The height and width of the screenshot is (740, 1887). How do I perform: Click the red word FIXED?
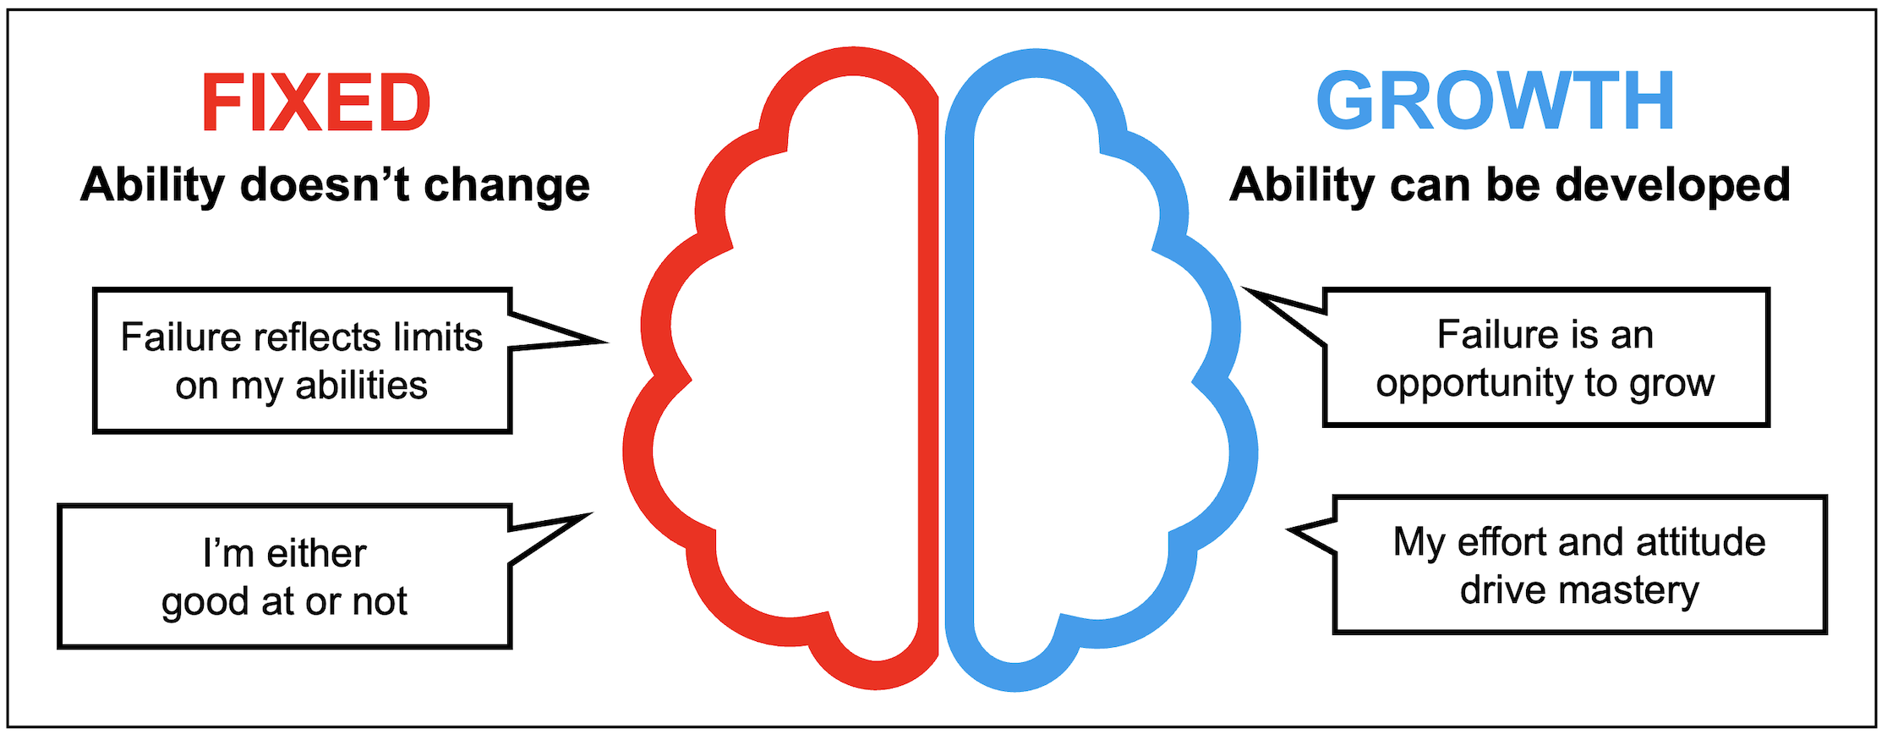pos(315,103)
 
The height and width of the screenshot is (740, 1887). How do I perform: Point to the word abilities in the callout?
pos(361,386)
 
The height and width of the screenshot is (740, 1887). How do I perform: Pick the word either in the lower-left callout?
pos(316,554)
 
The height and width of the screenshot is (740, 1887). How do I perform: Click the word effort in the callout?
pos(1503,542)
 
